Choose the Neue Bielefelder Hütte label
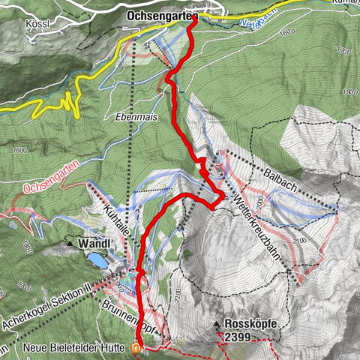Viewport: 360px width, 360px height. pos(65,347)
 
